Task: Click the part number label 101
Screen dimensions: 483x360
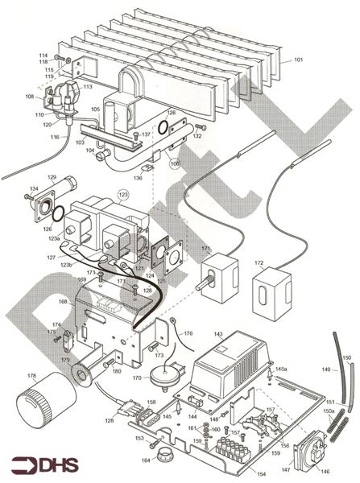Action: pos(298,60)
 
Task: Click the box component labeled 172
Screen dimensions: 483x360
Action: pos(267,295)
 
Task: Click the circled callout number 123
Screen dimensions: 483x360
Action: pos(123,195)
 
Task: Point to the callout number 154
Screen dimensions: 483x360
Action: pos(259,474)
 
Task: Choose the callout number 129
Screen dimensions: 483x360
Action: pos(52,177)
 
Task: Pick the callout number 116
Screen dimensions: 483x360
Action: pos(54,138)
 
